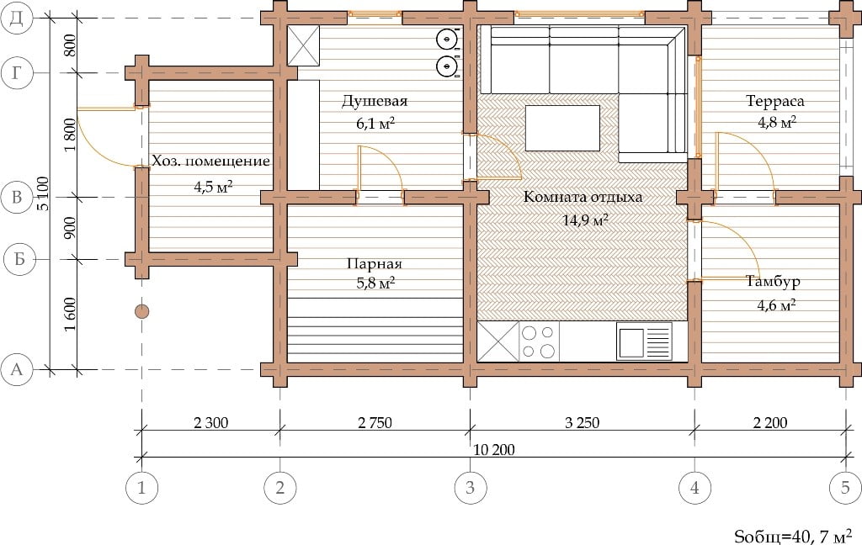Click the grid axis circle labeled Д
pos(17,18)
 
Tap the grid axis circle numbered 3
pos(470,487)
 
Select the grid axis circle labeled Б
pos(19,259)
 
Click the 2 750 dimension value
pos(375,422)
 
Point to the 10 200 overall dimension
pos(494,450)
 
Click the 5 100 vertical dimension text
pos(44,193)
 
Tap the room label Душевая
pos(375,101)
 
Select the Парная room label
pos(375,264)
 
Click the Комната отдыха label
pos(583,197)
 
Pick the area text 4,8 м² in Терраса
pos(777,122)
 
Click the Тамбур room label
pos(773,281)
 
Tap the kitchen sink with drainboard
pos(644,341)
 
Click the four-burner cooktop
pos(539,341)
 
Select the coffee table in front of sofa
pos(562,128)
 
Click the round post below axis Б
pos(141,311)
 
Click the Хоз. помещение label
pos(211,161)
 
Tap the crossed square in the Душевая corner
pos(303,45)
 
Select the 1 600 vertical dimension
pos(70,315)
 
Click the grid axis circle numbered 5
pos(845,487)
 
